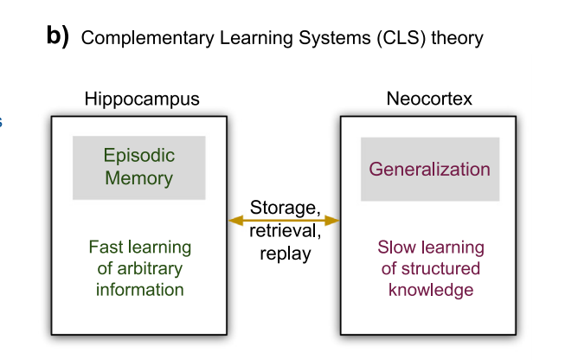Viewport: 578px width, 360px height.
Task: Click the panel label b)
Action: click(x=57, y=37)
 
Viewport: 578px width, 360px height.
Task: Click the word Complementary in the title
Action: click(x=135, y=38)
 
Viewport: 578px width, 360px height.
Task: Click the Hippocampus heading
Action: click(x=142, y=99)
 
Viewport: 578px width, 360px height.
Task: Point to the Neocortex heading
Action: click(x=429, y=99)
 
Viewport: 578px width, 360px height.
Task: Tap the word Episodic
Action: click(x=139, y=156)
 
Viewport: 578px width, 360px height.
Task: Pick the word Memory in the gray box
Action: click(x=139, y=179)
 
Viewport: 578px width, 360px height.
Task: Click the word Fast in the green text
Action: click(x=106, y=247)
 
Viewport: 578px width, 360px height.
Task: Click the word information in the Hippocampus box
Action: click(x=139, y=289)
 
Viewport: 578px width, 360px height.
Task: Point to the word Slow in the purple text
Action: click(x=397, y=247)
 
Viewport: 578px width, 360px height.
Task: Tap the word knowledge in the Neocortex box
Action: click(x=431, y=290)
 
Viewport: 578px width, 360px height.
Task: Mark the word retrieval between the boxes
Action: click(x=285, y=231)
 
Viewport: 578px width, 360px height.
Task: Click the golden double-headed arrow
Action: click(x=285, y=221)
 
